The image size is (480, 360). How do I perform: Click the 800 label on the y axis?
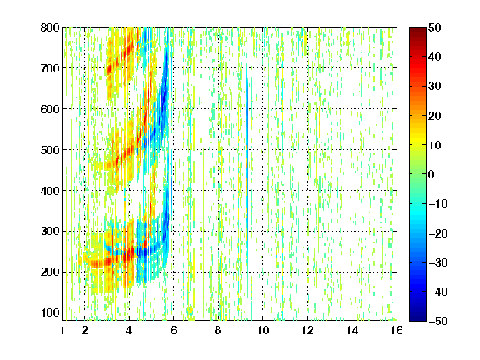point(50,27)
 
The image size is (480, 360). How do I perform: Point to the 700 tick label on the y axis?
point(50,68)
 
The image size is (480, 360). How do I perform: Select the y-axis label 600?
point(50,109)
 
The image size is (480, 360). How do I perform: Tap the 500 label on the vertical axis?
point(50,150)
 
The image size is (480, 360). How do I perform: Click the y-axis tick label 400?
point(50,191)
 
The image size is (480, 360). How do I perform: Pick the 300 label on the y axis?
point(50,232)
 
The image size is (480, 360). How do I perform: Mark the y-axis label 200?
point(50,272)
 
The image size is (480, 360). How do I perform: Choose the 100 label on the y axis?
point(50,312)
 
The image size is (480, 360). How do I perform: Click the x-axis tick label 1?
point(62,330)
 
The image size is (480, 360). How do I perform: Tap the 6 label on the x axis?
point(173,330)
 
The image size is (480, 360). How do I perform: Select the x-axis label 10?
point(262,330)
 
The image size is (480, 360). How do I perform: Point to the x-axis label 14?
point(352,330)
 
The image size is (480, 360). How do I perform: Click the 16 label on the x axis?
point(397,330)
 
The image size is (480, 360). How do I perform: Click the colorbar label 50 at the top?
point(435,27)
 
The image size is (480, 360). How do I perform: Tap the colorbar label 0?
point(432,174)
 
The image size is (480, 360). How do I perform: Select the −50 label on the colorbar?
point(438,321)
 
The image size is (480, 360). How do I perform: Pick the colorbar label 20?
point(435,116)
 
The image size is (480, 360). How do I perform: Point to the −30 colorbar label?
point(438,262)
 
